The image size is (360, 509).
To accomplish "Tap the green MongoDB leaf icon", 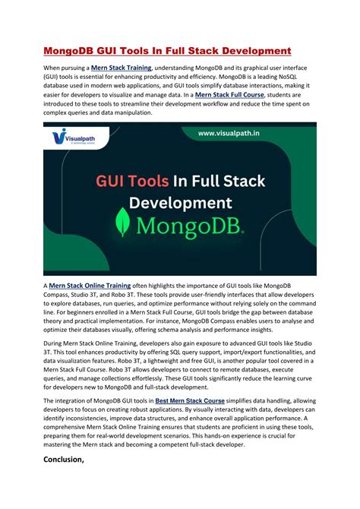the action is click(122, 224).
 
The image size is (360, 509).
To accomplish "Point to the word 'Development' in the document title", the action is click(248, 51).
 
